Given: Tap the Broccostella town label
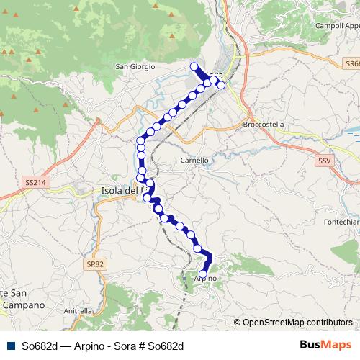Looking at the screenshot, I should click(264, 124).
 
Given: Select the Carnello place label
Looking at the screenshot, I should click(194, 160).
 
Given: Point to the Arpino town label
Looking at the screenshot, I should click(206, 278).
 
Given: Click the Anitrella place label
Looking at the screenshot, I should click(78, 311).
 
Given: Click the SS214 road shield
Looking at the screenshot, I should click(34, 183).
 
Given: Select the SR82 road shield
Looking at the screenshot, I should click(95, 264).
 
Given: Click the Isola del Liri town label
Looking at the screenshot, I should click(119, 191).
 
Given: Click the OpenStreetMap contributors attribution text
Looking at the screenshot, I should click(297, 322).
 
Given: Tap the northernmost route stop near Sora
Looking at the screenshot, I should click(193, 67).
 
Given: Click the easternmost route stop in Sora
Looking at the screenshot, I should click(221, 85).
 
